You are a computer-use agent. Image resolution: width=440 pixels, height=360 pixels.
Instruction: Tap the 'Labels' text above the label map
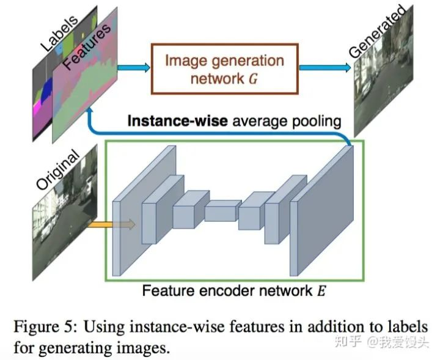59,32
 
